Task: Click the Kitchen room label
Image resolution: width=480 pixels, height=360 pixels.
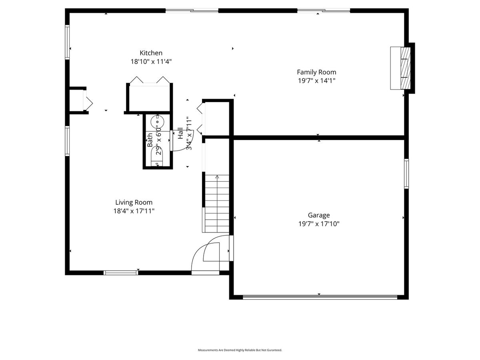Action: click(151, 53)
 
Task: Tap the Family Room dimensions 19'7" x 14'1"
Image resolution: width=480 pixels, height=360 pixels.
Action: click(316, 81)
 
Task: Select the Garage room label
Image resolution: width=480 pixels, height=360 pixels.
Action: click(319, 215)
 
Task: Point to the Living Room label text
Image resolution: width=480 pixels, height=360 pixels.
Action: click(134, 202)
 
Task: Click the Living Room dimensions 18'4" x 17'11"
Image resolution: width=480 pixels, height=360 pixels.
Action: click(134, 211)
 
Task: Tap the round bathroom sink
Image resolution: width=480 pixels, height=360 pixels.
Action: click(157, 122)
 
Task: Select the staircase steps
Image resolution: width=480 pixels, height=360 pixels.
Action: click(217, 204)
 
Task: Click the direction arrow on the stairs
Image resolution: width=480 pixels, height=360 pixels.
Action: click(217, 177)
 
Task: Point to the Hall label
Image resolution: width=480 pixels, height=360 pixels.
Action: click(180, 133)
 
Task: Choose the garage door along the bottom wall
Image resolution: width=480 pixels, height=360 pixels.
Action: click(320, 297)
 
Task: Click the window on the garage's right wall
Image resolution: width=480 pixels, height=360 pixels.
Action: click(406, 174)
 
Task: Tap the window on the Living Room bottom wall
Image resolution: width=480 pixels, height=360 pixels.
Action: click(121, 272)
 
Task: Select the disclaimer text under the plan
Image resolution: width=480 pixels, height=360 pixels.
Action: click(240, 350)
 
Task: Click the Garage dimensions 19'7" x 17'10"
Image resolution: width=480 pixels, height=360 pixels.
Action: click(319, 224)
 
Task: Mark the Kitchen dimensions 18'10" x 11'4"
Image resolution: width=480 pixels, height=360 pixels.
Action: click(151, 62)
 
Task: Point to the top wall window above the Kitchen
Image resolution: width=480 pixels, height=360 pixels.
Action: click(192, 10)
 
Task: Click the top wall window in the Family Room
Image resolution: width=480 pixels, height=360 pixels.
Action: click(324, 10)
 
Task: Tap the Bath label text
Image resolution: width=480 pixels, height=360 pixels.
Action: click(150, 140)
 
